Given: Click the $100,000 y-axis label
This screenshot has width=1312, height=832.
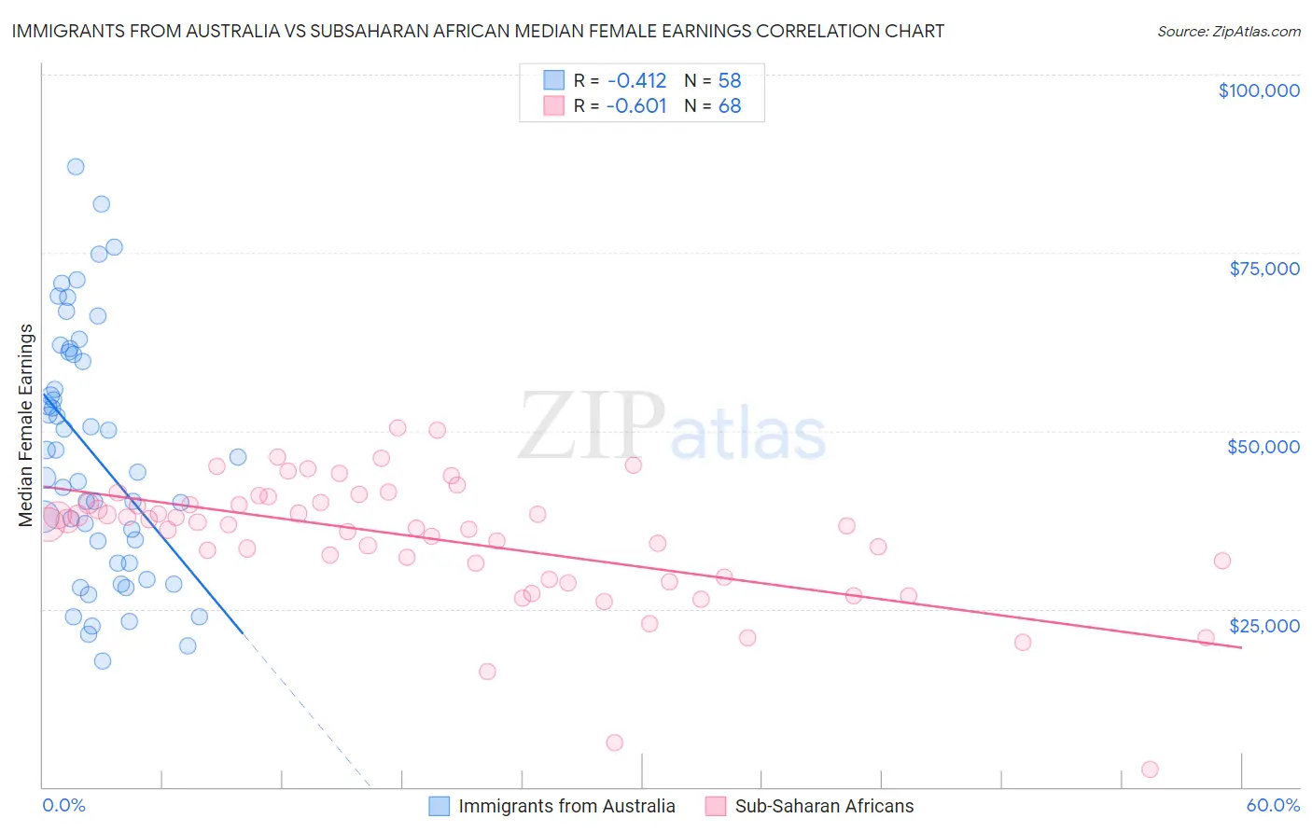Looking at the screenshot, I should pos(1259,90).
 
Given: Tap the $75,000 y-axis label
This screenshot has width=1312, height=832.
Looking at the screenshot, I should pos(1264,269).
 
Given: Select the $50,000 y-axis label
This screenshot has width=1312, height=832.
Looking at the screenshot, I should pos(1263,447).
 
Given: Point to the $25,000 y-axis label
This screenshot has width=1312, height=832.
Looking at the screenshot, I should pos(1264,625).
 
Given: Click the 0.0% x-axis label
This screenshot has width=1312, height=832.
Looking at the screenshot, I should pos(63,805).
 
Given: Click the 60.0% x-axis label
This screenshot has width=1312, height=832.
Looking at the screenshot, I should pos(1273,805).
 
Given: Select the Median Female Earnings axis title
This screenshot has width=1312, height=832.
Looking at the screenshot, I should pos(26,425).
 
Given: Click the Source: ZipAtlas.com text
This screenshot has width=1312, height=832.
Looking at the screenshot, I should pos(1229,32).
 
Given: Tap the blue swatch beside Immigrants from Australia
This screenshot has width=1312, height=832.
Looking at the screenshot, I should pos(440,806).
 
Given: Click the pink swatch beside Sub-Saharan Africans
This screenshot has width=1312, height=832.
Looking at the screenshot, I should pos(716,806).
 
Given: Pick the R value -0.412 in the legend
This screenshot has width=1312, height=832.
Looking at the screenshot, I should pos(636,80).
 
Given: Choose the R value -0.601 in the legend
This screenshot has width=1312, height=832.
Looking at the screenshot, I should pos(636,106).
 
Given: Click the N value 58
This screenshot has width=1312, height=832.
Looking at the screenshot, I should pos(730,80).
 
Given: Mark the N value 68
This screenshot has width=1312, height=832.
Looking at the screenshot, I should pos(730,106).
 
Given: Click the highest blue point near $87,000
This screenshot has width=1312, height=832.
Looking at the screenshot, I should pos(76,167).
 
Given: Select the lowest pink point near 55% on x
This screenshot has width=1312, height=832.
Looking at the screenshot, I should pos(1150,770).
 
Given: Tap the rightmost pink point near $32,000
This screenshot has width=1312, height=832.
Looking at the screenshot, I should pos(1222,561).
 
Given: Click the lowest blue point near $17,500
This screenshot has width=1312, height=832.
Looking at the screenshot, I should pos(103,661).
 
